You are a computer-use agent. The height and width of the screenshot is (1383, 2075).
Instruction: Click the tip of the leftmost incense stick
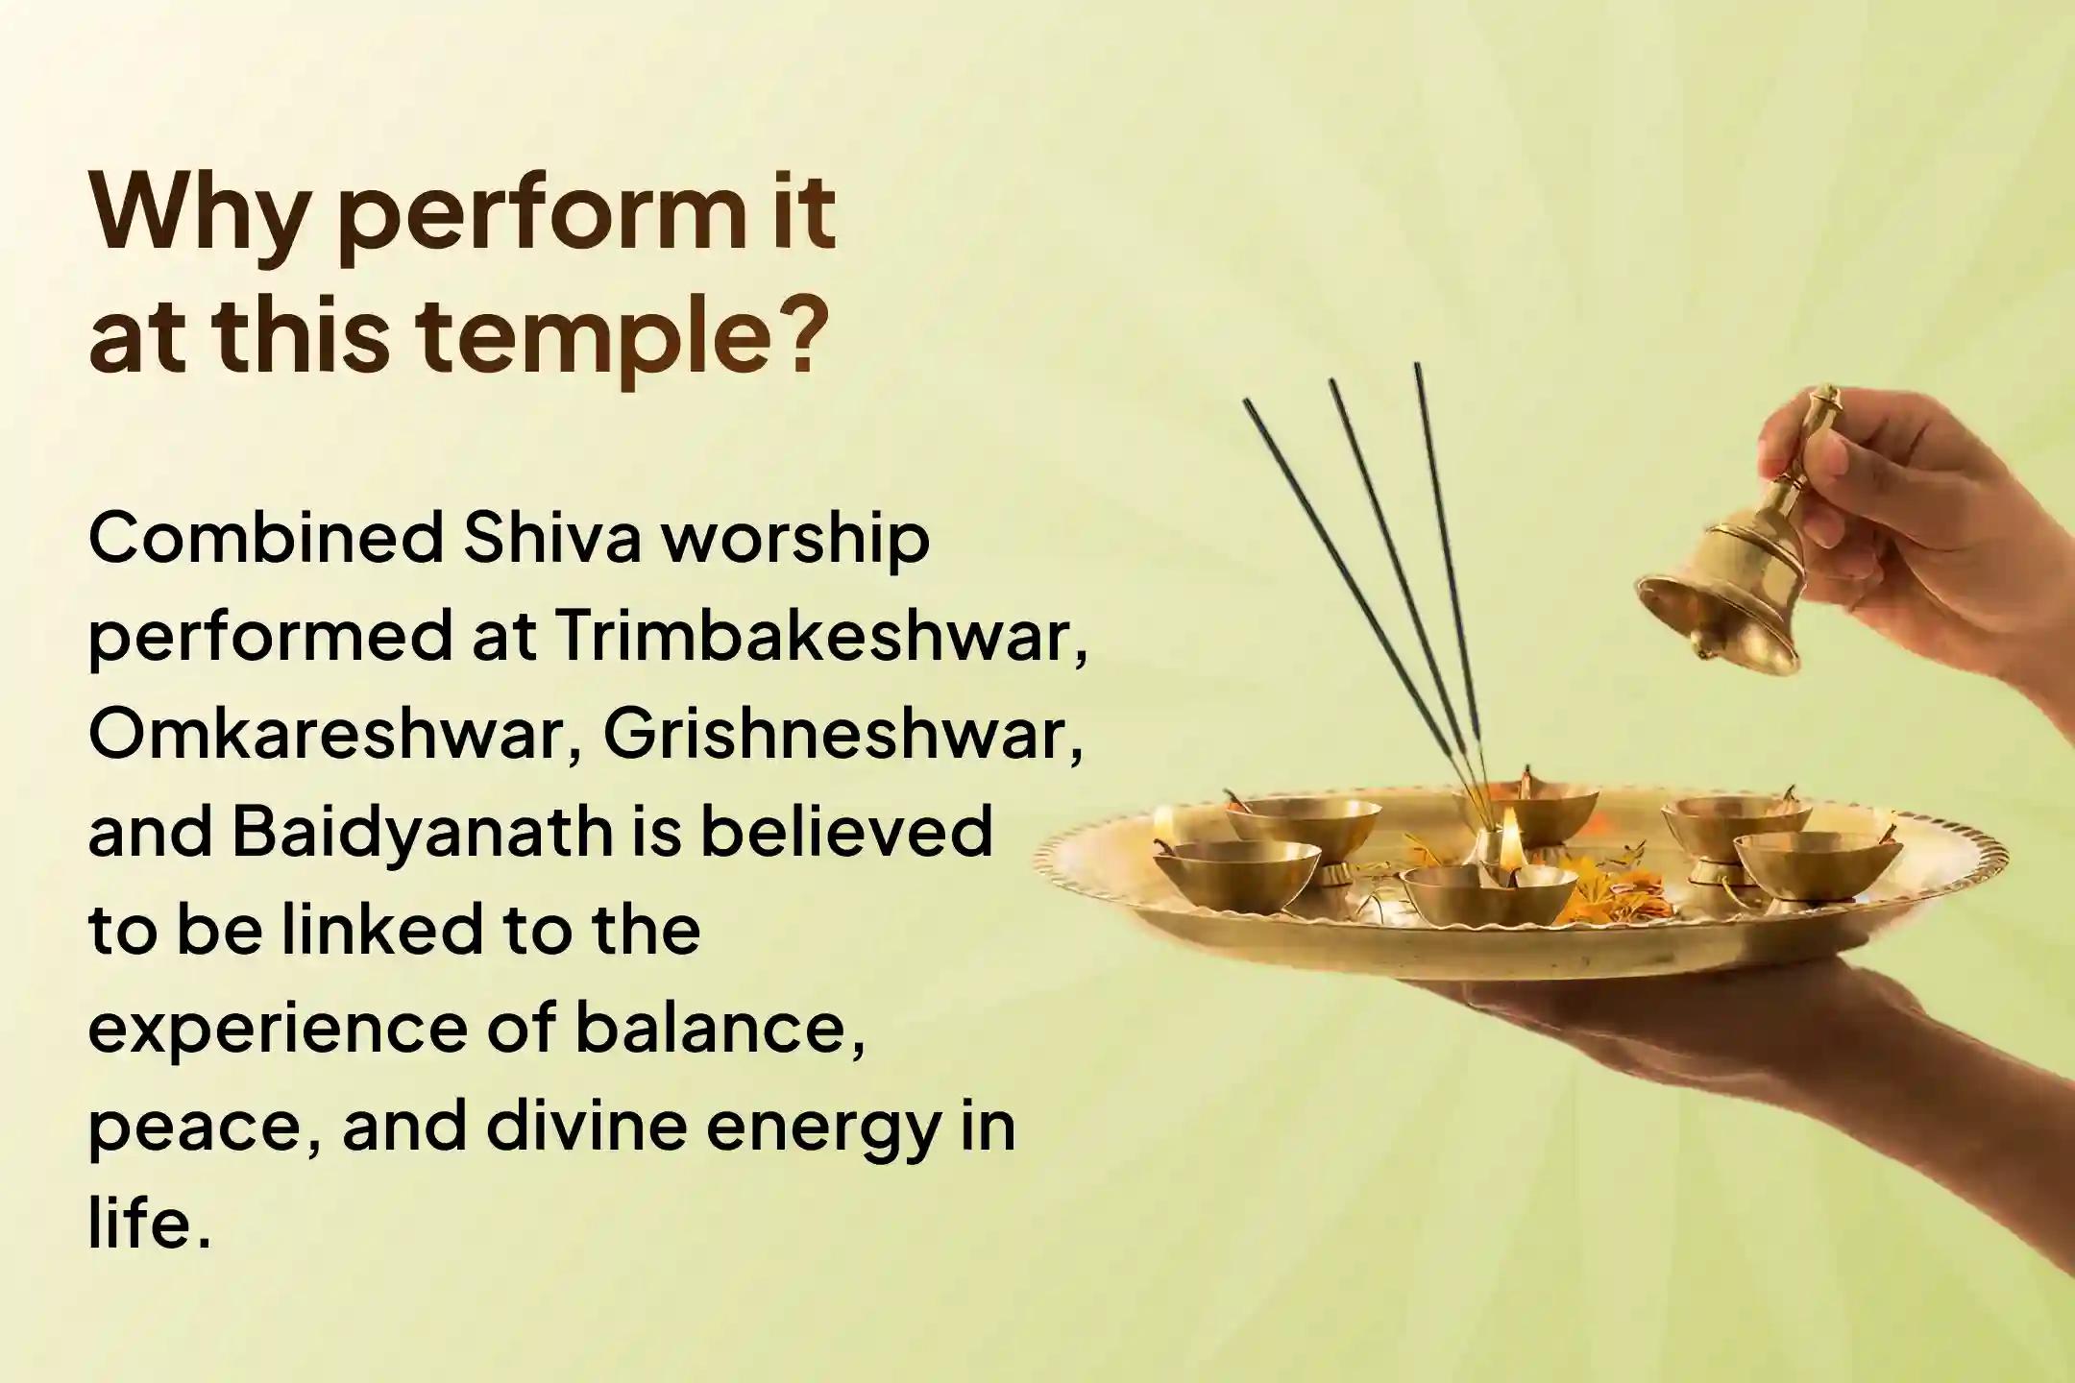pos(1248,404)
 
